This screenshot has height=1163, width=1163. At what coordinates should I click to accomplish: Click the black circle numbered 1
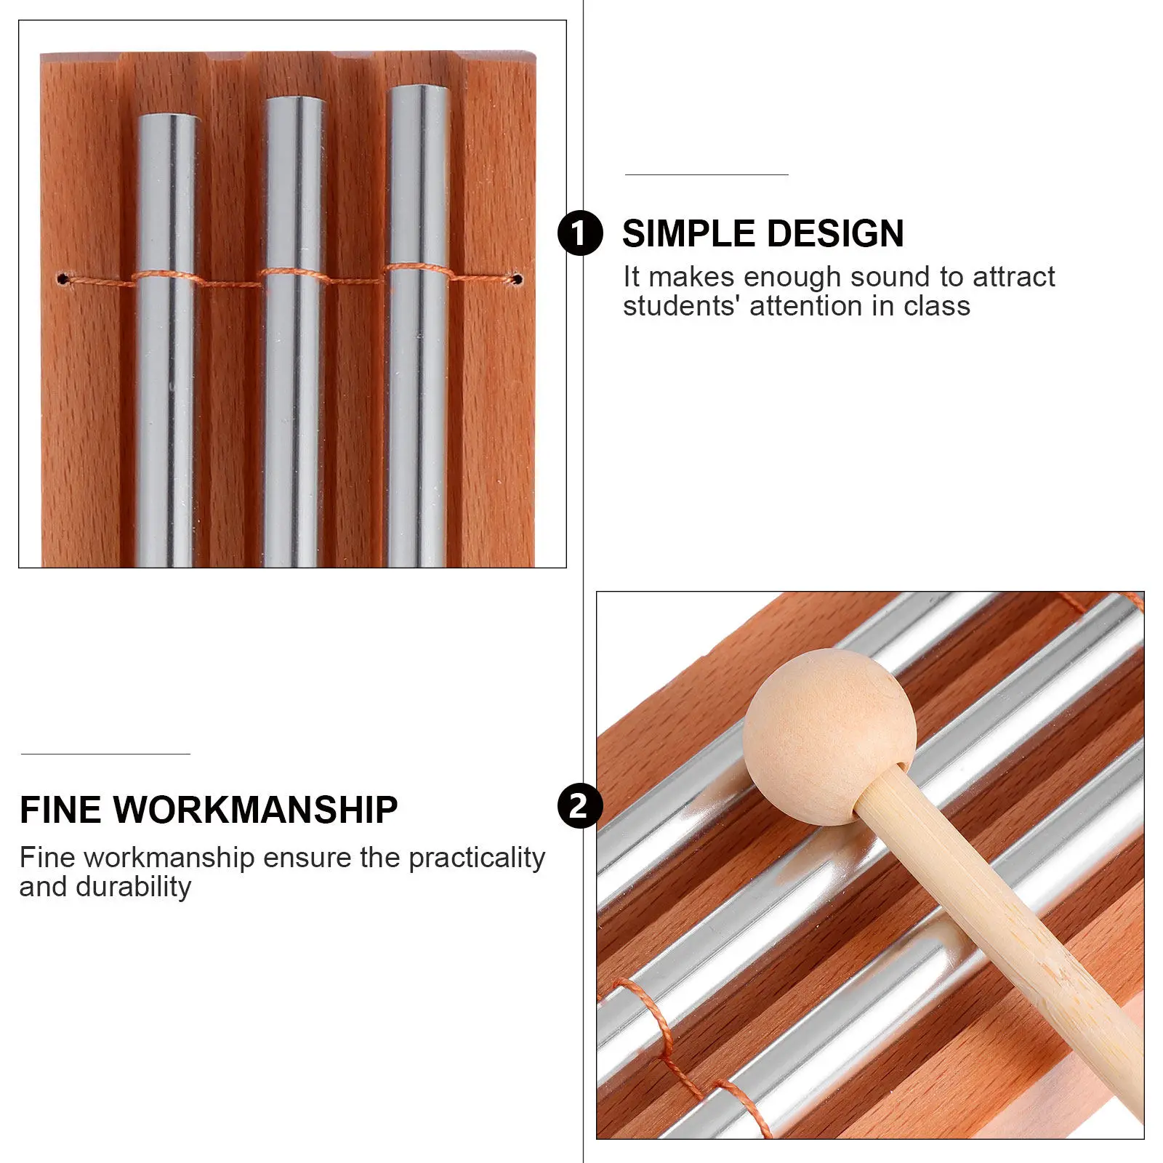pyautogui.click(x=580, y=233)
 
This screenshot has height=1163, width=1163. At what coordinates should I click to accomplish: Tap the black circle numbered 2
pyautogui.click(x=580, y=806)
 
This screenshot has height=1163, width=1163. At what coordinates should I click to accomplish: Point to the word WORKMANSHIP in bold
pyautogui.click(x=255, y=810)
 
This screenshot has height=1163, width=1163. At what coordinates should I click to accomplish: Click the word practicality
pyautogui.click(x=477, y=858)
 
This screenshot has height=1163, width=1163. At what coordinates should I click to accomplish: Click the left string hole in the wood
pyautogui.click(x=63, y=278)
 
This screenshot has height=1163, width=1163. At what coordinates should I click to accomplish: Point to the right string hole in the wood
pyautogui.click(x=517, y=278)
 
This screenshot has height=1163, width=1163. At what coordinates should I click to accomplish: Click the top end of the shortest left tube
pyautogui.click(x=166, y=116)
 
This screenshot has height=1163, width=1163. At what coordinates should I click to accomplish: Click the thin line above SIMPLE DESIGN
pyautogui.click(x=707, y=174)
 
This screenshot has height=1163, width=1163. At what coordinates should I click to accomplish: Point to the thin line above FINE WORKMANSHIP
pyautogui.click(x=105, y=754)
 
